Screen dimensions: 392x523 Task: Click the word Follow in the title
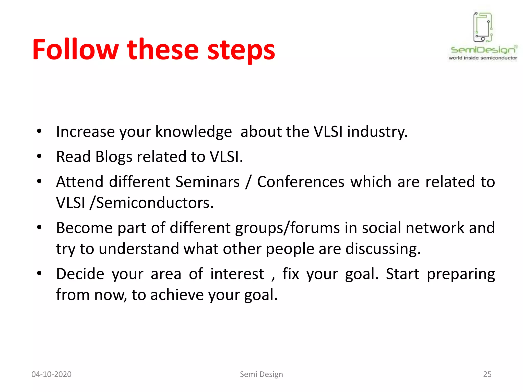pos(76,50)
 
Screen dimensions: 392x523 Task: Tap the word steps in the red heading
pos(241,51)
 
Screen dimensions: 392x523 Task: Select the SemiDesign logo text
pos(483,50)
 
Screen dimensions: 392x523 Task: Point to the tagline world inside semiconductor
pos(483,58)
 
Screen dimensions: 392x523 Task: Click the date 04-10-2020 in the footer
pos(51,374)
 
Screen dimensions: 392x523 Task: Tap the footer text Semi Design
pos(261,374)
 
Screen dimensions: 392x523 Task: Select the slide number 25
pos(487,374)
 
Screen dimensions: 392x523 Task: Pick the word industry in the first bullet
pos(377,132)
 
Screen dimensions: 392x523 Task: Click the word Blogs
pos(114,157)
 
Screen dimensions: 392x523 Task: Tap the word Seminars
pos(207,182)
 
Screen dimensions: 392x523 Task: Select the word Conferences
pos(301,182)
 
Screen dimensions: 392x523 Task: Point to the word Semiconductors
pos(155,203)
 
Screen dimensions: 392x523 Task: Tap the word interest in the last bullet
pos(237,274)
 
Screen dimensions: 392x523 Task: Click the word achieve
pos(177,295)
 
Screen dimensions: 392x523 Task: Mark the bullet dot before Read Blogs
pos(39,156)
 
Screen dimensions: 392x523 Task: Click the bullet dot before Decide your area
pos(39,273)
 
